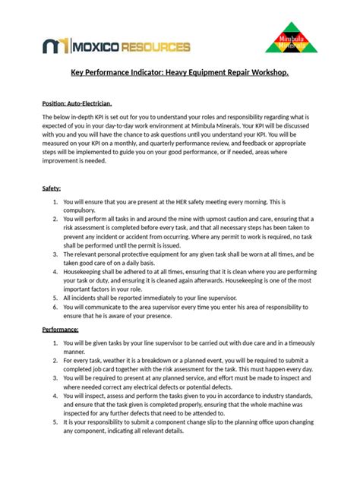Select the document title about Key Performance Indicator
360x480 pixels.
coord(179,75)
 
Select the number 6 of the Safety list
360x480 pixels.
coord(55,307)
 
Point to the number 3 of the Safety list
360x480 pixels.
coord(55,245)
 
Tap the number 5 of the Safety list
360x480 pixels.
coord(55,298)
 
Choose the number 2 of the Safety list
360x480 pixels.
coord(55,218)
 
